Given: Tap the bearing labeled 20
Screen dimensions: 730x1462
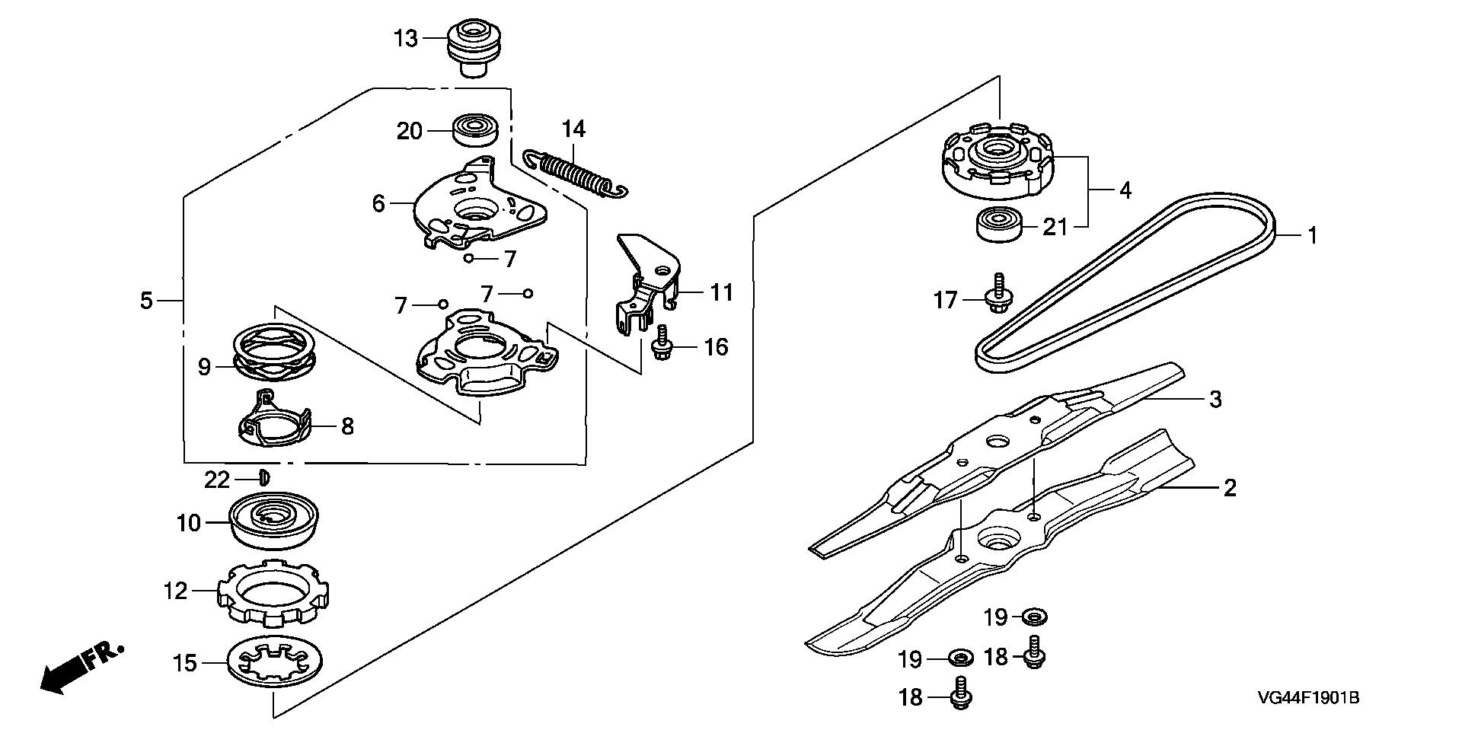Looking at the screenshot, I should [476, 129].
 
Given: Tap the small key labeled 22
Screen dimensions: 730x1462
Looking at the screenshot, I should [263, 477].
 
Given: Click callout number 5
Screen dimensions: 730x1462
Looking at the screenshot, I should [146, 301].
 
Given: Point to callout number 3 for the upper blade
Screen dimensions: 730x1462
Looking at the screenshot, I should [1215, 398].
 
